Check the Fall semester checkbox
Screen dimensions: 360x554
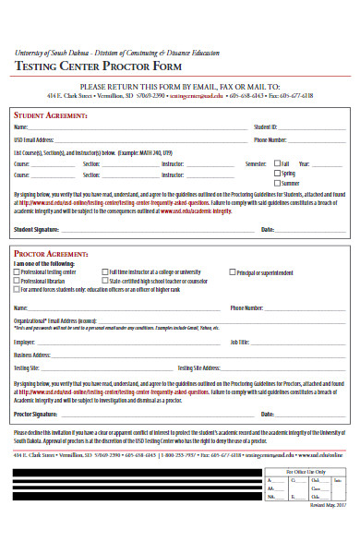tap(277, 163)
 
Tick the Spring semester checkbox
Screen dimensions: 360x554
tap(277, 173)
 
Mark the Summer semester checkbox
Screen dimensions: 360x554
tap(277, 183)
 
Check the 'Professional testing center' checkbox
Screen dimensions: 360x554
tap(16, 272)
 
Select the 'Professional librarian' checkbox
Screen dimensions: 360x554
tap(16, 281)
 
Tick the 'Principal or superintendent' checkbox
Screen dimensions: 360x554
tap(232, 272)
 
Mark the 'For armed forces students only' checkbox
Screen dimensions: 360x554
tap(16, 289)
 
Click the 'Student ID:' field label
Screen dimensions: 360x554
tap(265, 126)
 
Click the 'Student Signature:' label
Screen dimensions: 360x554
tap(37, 228)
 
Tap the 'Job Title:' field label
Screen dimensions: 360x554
tap(240, 342)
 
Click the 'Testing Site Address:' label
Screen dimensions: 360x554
tap(198, 367)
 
